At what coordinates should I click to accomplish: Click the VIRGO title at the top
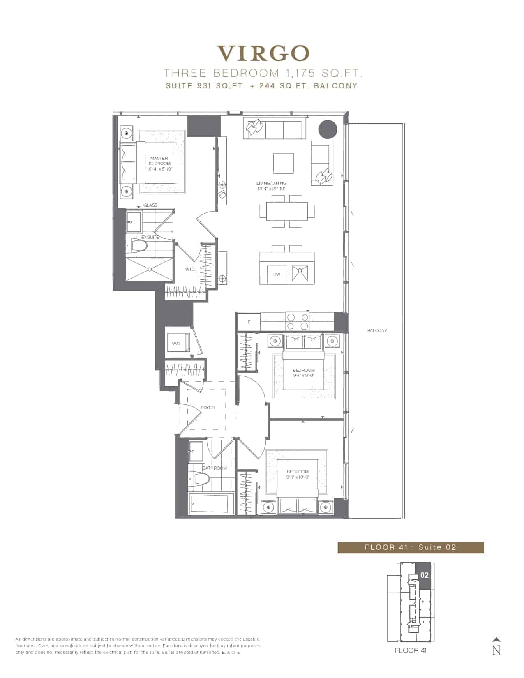263,53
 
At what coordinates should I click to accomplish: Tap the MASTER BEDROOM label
159,161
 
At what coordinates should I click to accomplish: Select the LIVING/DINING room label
271,183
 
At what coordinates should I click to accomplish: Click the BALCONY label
377,330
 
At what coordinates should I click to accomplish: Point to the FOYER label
208,408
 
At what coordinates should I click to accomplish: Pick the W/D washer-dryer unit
177,343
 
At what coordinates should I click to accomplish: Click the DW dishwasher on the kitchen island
277,275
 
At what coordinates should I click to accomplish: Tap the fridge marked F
249,322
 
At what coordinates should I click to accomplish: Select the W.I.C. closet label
190,269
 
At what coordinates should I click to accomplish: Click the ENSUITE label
150,237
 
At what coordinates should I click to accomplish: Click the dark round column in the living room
328,129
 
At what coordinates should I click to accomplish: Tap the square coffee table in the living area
283,163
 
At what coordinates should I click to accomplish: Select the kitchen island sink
300,274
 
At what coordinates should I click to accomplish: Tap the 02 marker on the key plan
425,575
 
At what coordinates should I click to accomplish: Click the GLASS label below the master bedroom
150,205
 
